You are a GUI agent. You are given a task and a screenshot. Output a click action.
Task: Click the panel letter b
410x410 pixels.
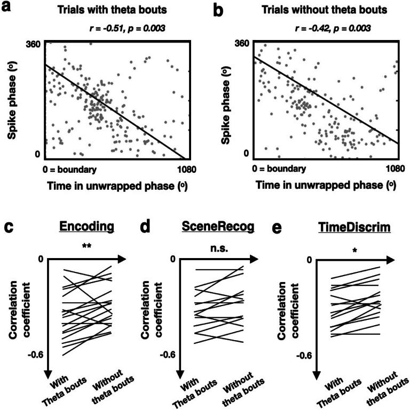[219, 10]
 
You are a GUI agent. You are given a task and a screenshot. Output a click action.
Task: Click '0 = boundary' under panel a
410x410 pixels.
[70, 170]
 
